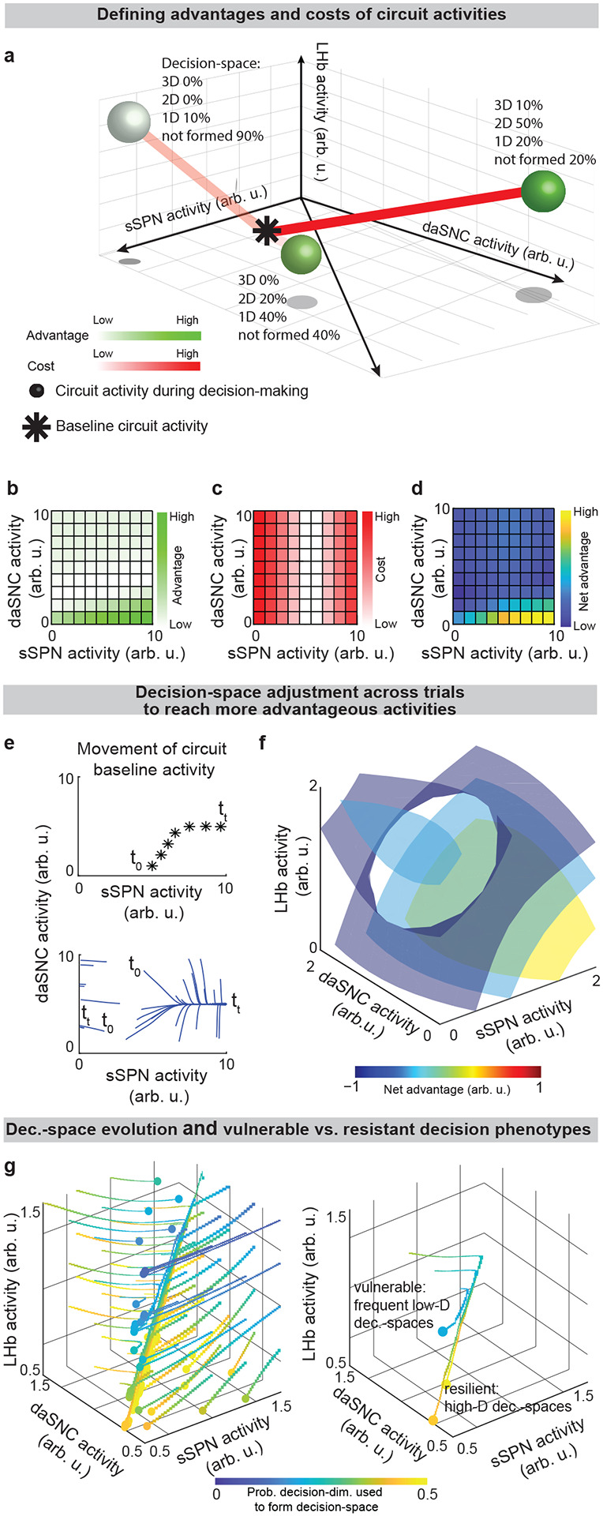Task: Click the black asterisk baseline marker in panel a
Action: point(265,231)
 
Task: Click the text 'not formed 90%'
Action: point(212,137)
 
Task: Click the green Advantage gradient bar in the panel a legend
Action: point(147,336)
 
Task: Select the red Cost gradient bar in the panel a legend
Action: point(147,366)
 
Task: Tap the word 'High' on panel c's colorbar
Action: point(387,517)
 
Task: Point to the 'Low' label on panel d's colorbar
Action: point(585,625)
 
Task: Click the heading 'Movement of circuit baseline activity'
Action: point(153,758)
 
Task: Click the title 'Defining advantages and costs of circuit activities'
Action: point(301,13)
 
